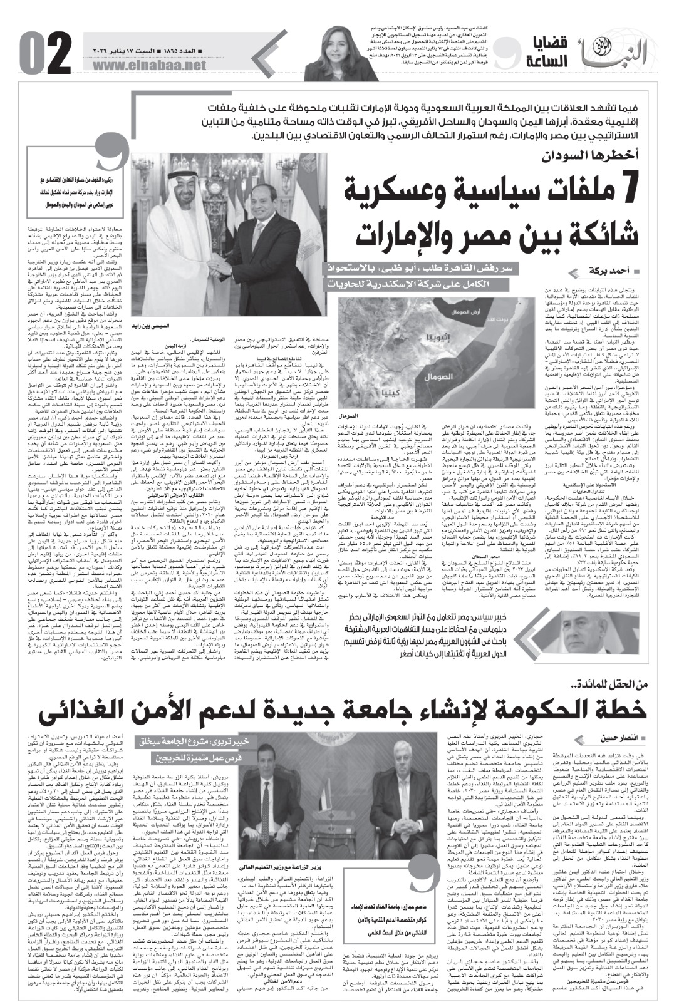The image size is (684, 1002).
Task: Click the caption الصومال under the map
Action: point(364,415)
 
